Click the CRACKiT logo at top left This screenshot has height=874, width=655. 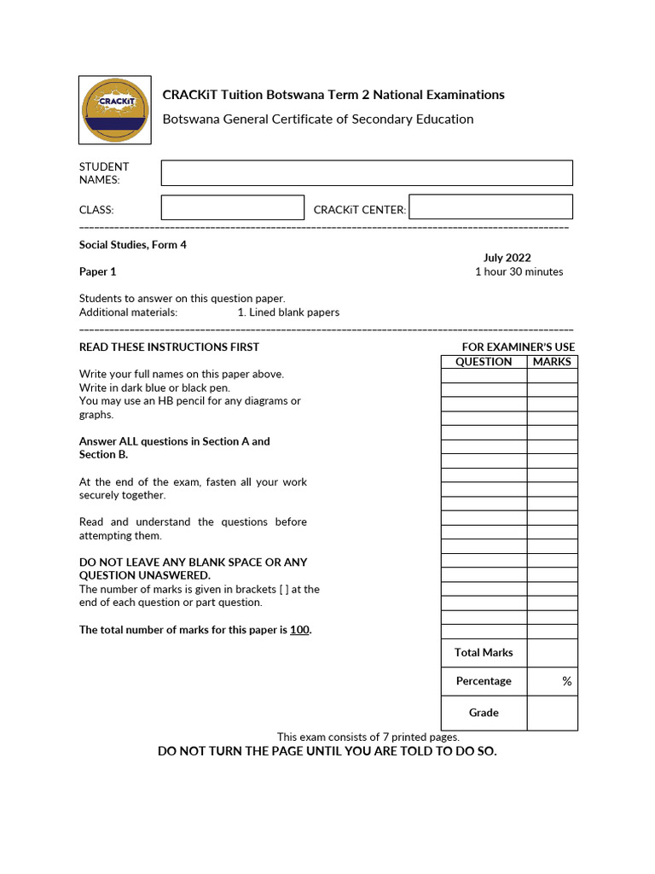pyautogui.click(x=114, y=110)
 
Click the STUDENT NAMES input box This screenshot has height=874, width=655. pyautogui.click(x=367, y=172)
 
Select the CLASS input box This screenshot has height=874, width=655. pyautogui.click(x=232, y=207)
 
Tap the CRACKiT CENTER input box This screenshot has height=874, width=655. pyautogui.click(x=490, y=207)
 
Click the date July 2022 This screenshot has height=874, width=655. pyautogui.click(x=507, y=258)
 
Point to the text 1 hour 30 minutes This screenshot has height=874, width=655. pyautogui.click(x=519, y=271)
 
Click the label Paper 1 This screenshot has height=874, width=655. pyautogui.click(x=98, y=271)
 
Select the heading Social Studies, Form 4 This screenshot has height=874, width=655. pyautogui.click(x=132, y=245)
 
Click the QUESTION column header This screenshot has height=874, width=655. pyautogui.click(x=484, y=361)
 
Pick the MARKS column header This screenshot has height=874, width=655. pyautogui.click(x=552, y=361)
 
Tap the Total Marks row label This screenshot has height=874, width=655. pyautogui.click(x=484, y=652)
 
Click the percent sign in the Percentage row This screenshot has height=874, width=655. pyautogui.click(x=566, y=681)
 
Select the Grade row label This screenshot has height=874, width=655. pyautogui.click(x=484, y=713)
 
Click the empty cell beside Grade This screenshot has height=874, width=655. pyautogui.click(x=552, y=713)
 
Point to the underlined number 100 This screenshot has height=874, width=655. pyautogui.click(x=299, y=630)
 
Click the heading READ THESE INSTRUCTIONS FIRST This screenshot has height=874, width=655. pyautogui.click(x=169, y=347)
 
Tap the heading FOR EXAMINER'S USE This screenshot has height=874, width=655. pyautogui.click(x=518, y=347)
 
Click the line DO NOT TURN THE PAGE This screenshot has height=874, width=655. pyautogui.click(x=327, y=751)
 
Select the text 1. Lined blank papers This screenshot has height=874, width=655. pyautogui.click(x=288, y=312)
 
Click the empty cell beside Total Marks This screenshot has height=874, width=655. pyautogui.click(x=552, y=652)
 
